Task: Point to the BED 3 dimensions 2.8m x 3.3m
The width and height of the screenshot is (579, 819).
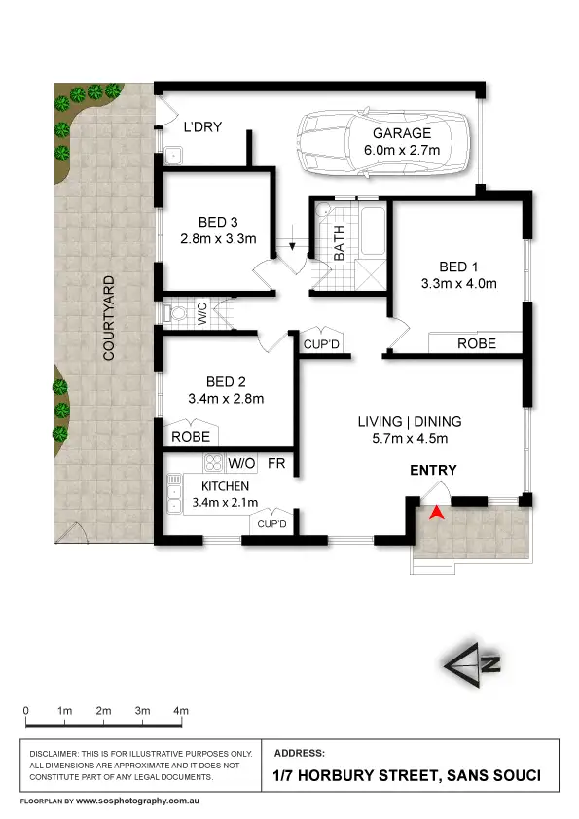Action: pyautogui.click(x=218, y=238)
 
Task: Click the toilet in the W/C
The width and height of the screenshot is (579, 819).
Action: pyautogui.click(x=175, y=313)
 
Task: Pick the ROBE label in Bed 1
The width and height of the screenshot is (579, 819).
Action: pyautogui.click(x=476, y=343)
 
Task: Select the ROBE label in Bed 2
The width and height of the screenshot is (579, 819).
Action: pyautogui.click(x=191, y=437)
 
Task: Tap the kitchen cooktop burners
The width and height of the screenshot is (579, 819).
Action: pyautogui.click(x=214, y=463)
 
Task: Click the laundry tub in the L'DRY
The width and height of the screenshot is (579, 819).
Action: pyautogui.click(x=175, y=153)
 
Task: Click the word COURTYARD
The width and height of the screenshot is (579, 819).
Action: pyautogui.click(x=110, y=319)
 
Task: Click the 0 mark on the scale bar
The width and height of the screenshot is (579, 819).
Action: pyautogui.click(x=25, y=711)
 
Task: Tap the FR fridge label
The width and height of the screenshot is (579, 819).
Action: pyautogui.click(x=276, y=463)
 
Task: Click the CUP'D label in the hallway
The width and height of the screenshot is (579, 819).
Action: pyautogui.click(x=321, y=344)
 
